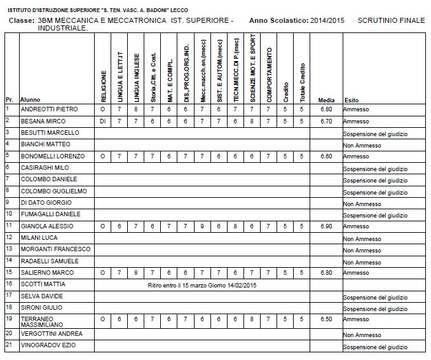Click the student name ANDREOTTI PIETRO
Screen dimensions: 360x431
point(49,109)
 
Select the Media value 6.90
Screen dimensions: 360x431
point(327,226)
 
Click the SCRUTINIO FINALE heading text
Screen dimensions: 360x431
point(391,21)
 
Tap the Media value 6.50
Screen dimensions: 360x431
point(327,319)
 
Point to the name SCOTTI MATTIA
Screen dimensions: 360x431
point(44,284)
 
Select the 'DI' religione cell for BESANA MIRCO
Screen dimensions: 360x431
point(103,121)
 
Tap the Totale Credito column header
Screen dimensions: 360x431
point(303,82)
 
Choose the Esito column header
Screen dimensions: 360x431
point(352,100)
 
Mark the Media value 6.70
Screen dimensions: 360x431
point(327,121)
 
